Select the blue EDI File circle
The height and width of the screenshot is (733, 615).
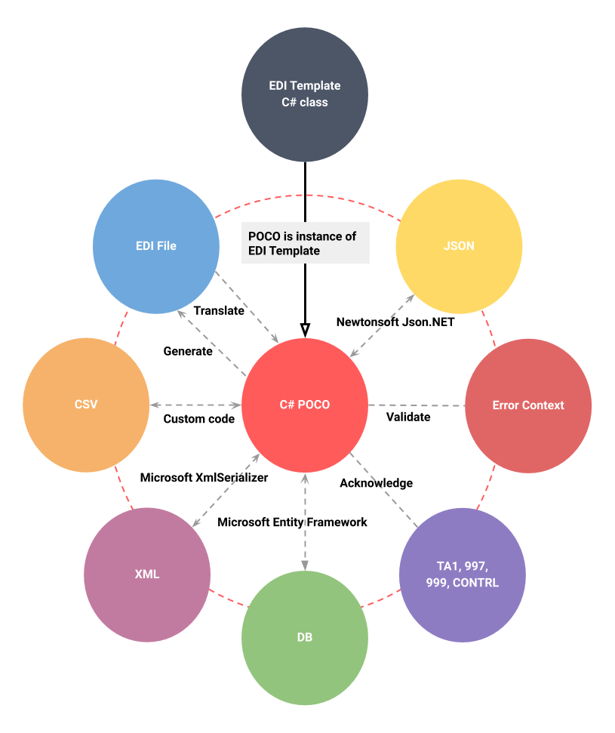click(156, 246)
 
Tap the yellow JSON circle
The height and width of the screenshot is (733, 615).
click(460, 246)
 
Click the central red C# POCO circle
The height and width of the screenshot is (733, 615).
click(305, 405)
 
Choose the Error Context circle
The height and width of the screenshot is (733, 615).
click(528, 405)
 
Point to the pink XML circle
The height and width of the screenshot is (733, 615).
click(147, 574)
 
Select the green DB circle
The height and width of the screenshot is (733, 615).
click(305, 638)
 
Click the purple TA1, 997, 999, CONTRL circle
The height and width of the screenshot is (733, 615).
click(462, 576)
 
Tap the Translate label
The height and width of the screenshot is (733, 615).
click(219, 310)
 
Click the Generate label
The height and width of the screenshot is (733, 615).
click(188, 351)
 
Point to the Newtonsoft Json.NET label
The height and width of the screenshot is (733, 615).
click(395, 322)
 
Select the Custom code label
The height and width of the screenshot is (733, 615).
click(199, 418)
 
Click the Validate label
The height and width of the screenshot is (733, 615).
click(408, 417)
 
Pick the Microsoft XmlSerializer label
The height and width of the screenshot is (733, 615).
click(204, 477)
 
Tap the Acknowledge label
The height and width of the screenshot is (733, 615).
click(376, 482)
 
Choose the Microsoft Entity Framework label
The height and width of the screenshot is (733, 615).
click(292, 522)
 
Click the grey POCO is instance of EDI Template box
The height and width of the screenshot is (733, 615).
click(305, 243)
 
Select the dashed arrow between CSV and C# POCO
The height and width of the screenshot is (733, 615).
click(195, 405)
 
